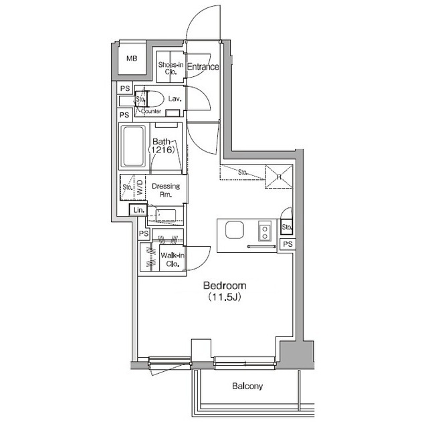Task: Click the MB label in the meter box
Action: coord(132,58)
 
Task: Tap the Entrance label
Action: coord(203,67)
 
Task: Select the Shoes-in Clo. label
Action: coord(171,68)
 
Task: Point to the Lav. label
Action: coord(175,98)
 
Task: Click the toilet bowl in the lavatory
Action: coord(155,99)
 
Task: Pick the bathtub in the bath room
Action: coord(134,146)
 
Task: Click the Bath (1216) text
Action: coord(161,146)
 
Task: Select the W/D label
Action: coord(140,187)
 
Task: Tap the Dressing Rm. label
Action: coord(166,190)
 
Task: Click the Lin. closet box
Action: coord(138,210)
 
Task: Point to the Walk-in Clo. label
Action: coord(173,259)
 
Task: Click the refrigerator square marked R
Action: coord(279,177)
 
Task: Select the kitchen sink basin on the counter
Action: coord(234,230)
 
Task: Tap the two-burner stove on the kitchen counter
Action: coord(265,231)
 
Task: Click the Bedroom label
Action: coord(225,286)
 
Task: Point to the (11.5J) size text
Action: coord(225,297)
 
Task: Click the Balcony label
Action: coord(247,386)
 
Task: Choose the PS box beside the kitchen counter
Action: coord(288,244)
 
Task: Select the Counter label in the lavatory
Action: coord(151,112)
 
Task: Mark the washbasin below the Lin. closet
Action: coord(165,215)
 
